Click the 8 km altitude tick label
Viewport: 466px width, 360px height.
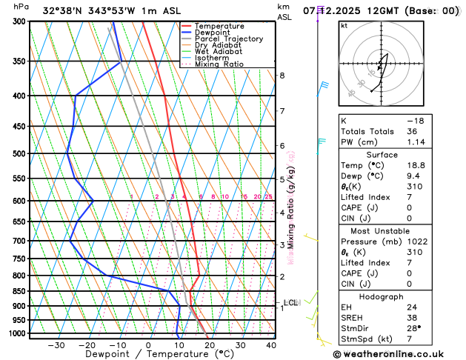[282, 76]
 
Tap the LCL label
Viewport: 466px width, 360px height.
[290, 302]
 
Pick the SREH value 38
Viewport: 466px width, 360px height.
[447, 318]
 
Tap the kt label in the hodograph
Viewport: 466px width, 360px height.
[344, 25]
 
